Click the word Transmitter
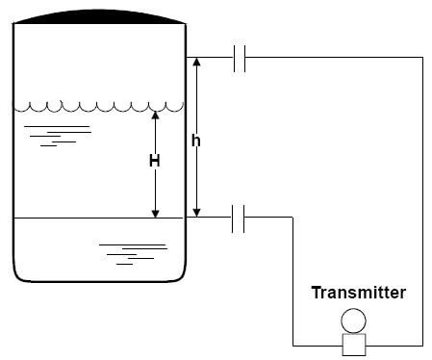coord(358,292)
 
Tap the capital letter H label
coord(154,162)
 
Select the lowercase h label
coord(196,141)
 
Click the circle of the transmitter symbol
coord(353,321)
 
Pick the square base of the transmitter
coord(353,343)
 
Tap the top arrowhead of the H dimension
coord(156,115)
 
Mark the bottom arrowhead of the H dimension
coord(156,213)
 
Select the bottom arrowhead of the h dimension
coord(196,213)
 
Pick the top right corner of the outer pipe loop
coord(422,58)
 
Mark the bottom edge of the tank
coord(97,280)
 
